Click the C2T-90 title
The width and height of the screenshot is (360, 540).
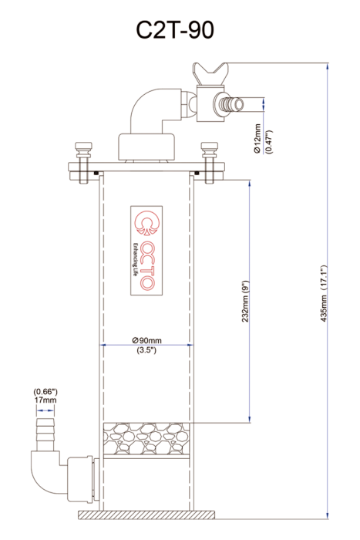tap(175, 30)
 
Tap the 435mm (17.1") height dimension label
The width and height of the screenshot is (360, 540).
tap(323, 294)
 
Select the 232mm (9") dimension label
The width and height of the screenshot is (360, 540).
tap(245, 302)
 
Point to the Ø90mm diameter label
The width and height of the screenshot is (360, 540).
tap(146, 340)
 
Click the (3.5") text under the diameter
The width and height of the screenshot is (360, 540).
tap(146, 350)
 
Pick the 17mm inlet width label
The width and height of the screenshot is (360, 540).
tap(45, 400)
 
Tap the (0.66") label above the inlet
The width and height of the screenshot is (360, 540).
tap(45, 392)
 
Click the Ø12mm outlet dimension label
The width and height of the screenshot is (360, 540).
tap(257, 138)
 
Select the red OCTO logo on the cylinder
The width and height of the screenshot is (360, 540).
tap(146, 251)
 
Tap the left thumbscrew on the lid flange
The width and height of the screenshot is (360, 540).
tap(82, 162)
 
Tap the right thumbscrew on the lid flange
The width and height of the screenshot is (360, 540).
tap(210, 162)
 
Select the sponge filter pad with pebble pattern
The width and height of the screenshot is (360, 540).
tap(146, 439)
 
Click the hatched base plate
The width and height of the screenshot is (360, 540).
tap(147, 515)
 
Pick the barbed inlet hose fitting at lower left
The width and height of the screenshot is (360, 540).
tap(45, 434)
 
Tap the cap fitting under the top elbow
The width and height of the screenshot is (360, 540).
tap(147, 147)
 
